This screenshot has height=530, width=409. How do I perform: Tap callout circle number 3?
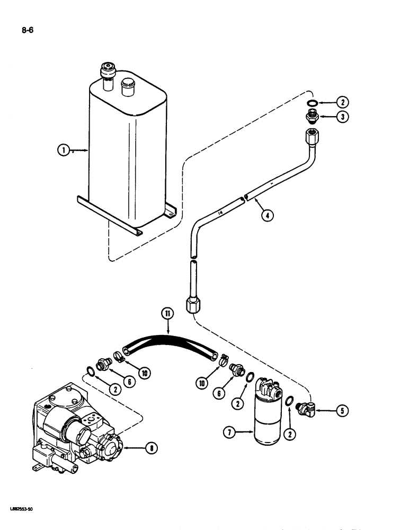(342, 118)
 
